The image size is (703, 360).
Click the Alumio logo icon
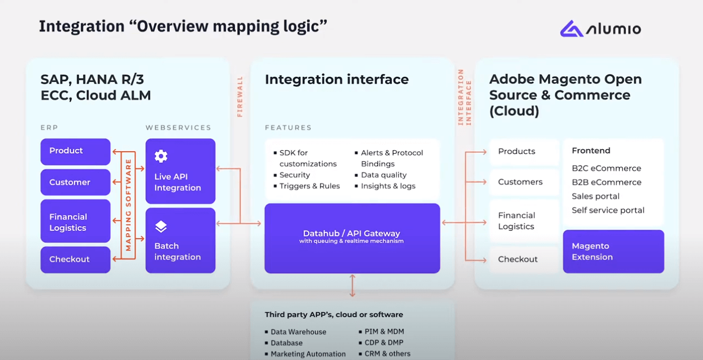click(571, 28)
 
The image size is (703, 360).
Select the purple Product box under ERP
click(75, 151)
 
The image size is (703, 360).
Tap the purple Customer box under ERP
click(75, 183)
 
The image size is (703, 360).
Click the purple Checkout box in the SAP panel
click(75, 259)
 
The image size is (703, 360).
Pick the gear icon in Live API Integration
click(161, 156)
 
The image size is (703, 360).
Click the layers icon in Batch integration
click(161, 226)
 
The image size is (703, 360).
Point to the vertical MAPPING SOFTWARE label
click(129, 205)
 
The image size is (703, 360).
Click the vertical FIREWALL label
click(240, 96)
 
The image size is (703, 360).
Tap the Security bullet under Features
click(294, 175)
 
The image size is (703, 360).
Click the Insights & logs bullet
click(387, 186)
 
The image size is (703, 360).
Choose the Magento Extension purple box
click(613, 251)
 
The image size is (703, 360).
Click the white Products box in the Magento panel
click(523, 151)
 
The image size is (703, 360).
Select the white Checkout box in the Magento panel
click(523, 259)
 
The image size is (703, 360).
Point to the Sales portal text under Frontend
click(595, 196)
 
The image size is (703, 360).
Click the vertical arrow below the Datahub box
click(352, 285)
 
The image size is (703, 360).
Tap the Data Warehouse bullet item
click(298, 332)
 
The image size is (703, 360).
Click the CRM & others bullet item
click(387, 354)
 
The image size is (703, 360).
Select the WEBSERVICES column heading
click(178, 128)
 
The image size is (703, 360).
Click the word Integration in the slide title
click(81, 26)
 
